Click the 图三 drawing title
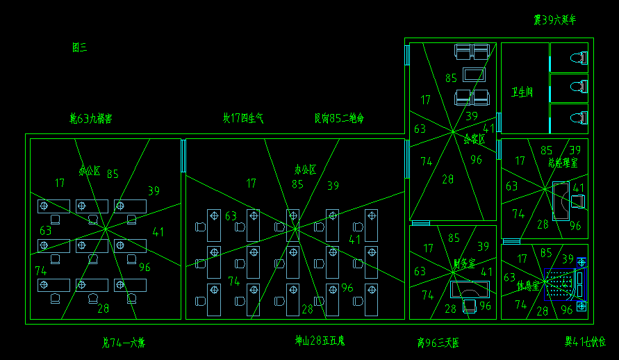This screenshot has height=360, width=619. pos(79,47)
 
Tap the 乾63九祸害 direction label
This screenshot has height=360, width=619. pos(90,119)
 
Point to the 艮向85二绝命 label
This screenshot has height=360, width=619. pos(339,118)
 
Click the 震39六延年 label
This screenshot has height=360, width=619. pos(554,20)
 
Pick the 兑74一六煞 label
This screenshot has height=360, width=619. pos(124,342)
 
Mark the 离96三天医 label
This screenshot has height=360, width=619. pos(438,343)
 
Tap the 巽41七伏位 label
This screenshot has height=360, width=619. pos(585,342)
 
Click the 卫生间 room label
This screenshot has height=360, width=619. pos(522,92)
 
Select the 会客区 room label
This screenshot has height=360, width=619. pos(474,139)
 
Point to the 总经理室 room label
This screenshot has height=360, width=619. pos(563,163)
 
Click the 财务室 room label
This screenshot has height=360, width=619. pos(463,263)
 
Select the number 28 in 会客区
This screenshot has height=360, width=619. pos(447,179)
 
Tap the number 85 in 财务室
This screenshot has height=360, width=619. pos(454,238)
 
